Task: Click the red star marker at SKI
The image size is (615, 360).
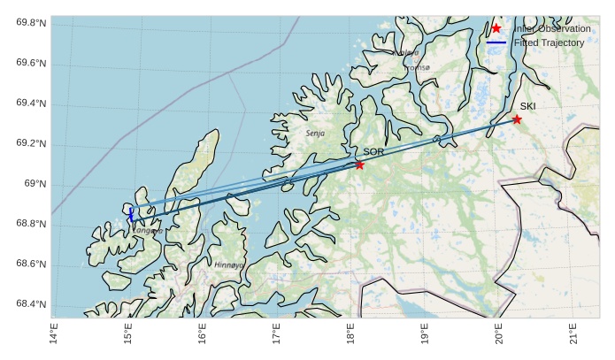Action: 517,119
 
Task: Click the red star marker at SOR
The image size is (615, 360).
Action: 359,165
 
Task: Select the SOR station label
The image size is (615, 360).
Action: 373,152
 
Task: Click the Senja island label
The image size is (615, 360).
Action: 315,134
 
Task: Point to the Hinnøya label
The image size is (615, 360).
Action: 228,264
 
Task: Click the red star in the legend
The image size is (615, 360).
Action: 496,28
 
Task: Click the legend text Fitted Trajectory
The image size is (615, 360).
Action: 549,42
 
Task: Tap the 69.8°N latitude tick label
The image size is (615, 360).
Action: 31,23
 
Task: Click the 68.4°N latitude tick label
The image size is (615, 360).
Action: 31,305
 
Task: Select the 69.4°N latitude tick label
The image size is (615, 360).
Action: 31,103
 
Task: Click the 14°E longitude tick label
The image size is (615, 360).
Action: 54,335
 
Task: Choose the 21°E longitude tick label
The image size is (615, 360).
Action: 573,335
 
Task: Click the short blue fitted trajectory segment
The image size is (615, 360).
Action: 131,214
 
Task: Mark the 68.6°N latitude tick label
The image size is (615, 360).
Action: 31,264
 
